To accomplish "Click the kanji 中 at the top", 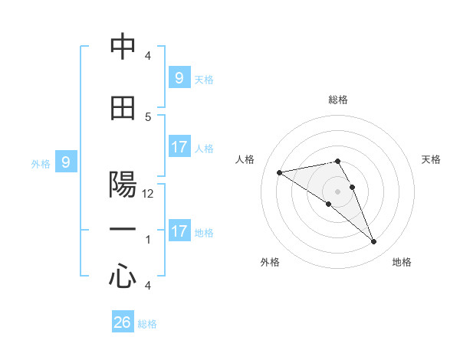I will point(123,47).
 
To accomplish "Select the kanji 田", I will point(123,108).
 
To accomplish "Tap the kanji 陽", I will point(123,185).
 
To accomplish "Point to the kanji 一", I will point(123,231).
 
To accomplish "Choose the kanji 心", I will point(123,277).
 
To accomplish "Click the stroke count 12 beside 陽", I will point(148,194).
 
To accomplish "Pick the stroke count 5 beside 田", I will point(148,116).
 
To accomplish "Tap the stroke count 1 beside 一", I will point(148,240).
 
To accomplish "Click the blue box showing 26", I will point(123,322).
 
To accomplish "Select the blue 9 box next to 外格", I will point(66,162).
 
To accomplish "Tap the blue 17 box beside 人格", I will point(179,147).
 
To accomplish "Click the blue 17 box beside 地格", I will point(179,231).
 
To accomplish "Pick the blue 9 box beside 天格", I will point(179,78).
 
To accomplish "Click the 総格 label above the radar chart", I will point(337,100).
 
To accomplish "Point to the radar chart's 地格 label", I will point(402,262).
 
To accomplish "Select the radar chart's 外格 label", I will point(270,262).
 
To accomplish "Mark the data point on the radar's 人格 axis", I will point(280,172).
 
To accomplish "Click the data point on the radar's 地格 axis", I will point(373,242).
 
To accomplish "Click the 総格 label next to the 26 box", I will point(147,324).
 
